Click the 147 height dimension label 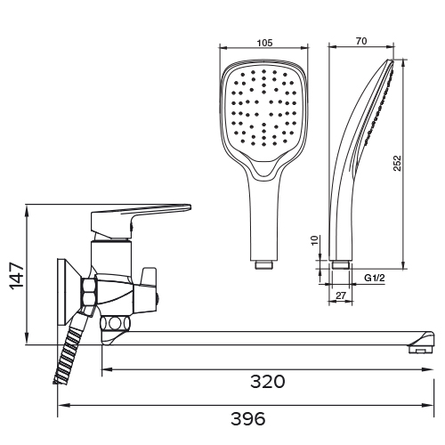17,276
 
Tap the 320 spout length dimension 268,382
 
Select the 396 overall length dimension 248,418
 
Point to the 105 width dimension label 264,43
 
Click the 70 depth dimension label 361,41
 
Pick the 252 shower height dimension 397,163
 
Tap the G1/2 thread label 375,278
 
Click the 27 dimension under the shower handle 341,295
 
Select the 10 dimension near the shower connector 315,240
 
